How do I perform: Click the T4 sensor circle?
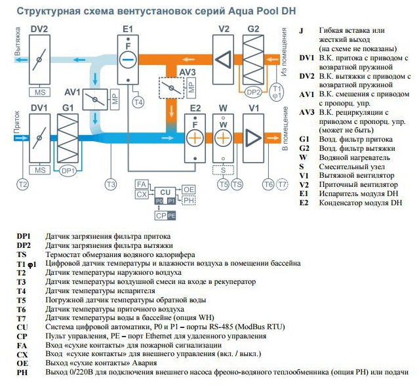138,102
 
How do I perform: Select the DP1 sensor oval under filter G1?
68,171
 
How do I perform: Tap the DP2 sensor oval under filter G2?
253,92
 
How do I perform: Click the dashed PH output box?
189,200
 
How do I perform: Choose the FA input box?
142,184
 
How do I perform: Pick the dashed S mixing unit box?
223,171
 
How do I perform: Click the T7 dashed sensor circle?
282,184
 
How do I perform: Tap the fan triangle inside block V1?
252,138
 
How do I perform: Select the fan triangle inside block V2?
224,59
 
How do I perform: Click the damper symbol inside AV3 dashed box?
172,88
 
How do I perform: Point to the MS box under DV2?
40,92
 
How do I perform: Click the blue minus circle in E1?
128,59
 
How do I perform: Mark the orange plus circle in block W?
223,138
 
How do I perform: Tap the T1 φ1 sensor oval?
277,92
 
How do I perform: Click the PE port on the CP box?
172,216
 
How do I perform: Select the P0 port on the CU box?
159,201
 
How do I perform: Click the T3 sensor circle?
111,184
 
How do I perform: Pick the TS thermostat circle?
237,184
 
